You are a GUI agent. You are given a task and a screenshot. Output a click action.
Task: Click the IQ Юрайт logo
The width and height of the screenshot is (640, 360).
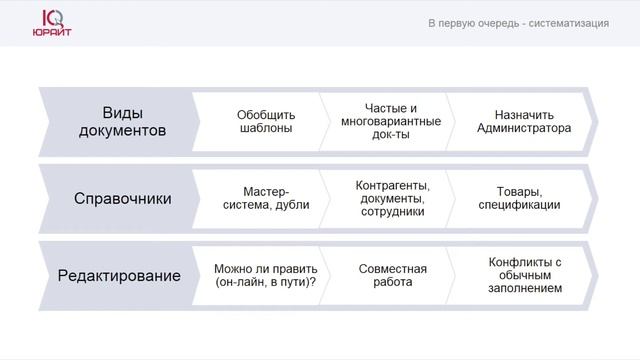point(50,24)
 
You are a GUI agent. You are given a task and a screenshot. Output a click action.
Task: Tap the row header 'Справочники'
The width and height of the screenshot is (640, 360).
point(123,198)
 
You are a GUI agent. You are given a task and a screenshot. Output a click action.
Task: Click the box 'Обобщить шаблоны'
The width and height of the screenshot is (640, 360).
point(265,121)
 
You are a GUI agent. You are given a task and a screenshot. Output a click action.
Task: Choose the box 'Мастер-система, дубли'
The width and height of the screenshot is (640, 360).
point(265,198)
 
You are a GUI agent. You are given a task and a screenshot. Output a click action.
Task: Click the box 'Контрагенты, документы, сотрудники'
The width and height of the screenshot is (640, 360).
point(391,198)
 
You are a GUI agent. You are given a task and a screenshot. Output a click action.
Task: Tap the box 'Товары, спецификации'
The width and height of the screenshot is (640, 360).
point(518,198)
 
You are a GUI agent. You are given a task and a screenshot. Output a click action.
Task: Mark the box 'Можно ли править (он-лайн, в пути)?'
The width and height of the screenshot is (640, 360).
point(265,275)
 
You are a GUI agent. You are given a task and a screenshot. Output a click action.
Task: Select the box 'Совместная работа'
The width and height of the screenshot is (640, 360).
point(392,275)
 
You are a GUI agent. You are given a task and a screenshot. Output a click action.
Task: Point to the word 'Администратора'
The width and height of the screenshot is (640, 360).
point(524,128)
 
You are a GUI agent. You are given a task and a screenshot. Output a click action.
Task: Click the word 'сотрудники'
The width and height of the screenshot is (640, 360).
point(391,211)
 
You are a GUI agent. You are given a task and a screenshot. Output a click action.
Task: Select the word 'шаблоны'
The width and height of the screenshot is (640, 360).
point(265,128)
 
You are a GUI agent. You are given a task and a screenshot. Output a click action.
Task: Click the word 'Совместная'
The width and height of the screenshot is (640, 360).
point(392,268)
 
